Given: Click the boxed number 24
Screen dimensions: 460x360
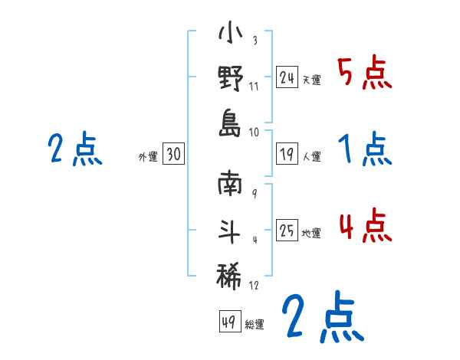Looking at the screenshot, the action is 287,77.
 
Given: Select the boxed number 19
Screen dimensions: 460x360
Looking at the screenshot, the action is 287,154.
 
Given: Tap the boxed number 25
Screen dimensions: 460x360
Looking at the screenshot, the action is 287,231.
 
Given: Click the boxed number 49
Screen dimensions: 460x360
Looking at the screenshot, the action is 229,322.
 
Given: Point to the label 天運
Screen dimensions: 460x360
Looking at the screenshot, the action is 311,80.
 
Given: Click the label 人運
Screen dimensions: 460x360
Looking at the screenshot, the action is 311,157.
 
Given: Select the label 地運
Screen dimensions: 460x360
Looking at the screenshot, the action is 311,234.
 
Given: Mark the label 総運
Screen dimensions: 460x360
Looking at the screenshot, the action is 254,325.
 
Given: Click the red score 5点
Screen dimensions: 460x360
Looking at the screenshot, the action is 364,73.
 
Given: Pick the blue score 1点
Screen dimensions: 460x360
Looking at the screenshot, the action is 364,149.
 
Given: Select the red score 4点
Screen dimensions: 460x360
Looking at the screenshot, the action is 364,225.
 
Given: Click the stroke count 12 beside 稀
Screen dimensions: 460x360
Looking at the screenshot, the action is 254,286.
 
